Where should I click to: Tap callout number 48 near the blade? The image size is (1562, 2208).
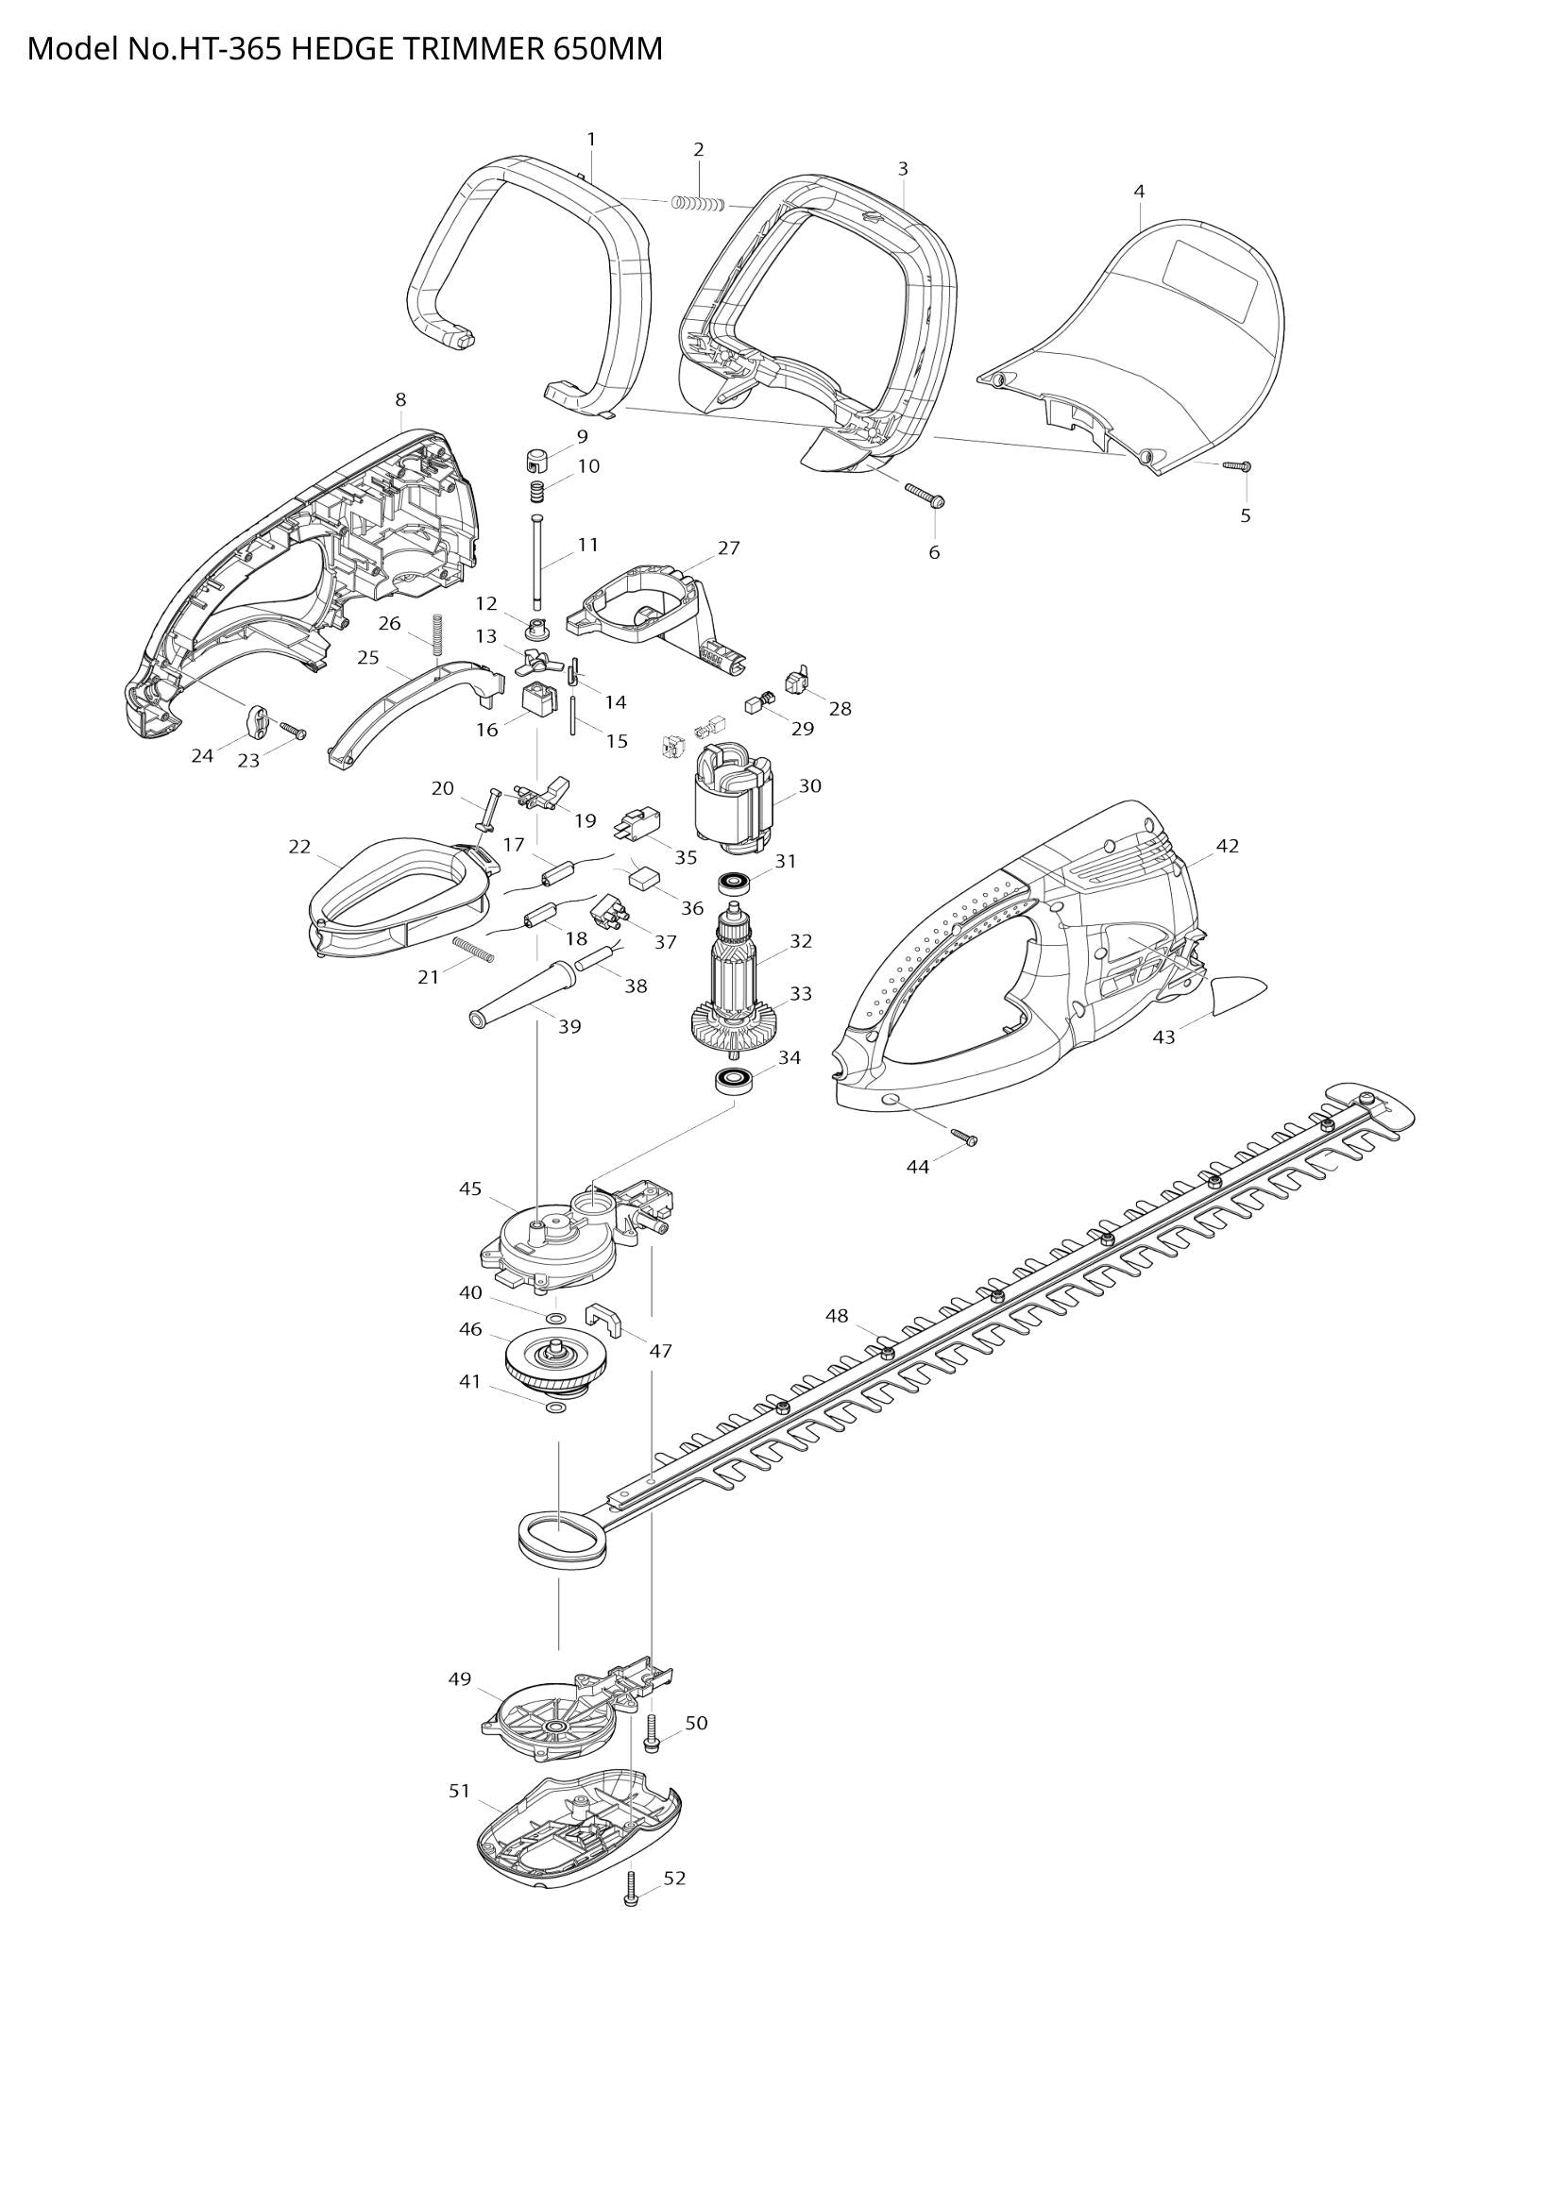click(x=837, y=1316)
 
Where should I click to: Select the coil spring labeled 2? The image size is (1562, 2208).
click(x=699, y=204)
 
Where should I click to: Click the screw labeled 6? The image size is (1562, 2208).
click(x=925, y=495)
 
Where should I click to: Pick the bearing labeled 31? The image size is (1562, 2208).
click(x=737, y=881)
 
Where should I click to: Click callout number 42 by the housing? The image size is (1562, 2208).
click(x=1228, y=846)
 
